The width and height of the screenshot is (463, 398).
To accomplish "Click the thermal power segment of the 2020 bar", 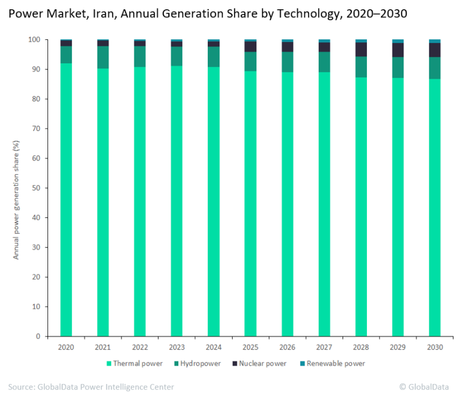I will click(66, 199).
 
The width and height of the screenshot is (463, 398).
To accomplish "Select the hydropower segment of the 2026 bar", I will click(287, 62).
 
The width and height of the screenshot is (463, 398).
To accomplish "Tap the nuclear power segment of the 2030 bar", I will click(435, 50).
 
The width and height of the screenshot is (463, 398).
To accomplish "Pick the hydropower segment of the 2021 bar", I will click(103, 57).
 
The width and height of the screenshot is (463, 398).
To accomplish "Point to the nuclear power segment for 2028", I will click(361, 50).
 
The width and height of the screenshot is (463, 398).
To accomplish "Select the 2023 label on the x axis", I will click(177, 347).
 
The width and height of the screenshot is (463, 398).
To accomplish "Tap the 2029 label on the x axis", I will click(398, 347).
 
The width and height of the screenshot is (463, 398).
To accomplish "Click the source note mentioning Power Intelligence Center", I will click(91, 386).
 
